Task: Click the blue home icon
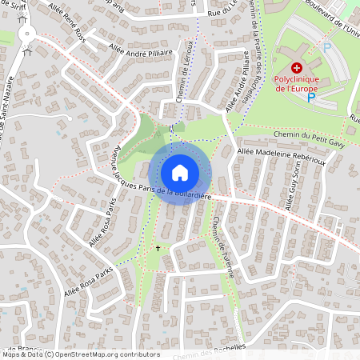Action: pyautogui.click(x=180, y=172)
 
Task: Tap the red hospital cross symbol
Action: pyautogui.click(x=296, y=70)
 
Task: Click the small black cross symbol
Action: pyautogui.click(x=158, y=249)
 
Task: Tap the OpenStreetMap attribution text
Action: pyautogui.click(x=80, y=354)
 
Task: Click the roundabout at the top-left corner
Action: pyautogui.click(x=29, y=33)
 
